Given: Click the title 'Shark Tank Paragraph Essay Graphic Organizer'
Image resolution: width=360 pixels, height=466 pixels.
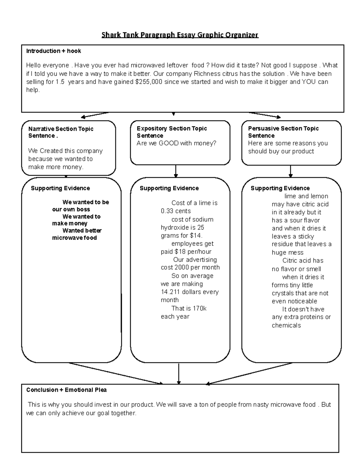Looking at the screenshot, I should click(180, 35).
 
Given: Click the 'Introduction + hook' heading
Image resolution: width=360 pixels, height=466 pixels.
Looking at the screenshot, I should click(53, 51).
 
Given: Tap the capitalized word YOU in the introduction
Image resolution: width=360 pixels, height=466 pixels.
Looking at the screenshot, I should click(309, 82).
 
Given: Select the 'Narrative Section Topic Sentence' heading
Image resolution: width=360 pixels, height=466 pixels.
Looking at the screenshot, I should click(61, 132).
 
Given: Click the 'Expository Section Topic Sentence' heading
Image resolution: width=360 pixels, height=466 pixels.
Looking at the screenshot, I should click(172, 132).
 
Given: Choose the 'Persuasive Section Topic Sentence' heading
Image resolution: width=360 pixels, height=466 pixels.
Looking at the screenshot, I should click(283, 132).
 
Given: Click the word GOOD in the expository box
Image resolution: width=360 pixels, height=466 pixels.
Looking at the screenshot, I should click(169, 143).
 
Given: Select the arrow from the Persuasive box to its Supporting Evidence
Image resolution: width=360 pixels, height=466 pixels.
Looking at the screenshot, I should click(290, 171).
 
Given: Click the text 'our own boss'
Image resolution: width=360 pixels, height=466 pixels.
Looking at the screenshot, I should click(71, 209).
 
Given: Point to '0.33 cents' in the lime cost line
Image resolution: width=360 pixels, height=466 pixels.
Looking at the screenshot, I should click(176, 211).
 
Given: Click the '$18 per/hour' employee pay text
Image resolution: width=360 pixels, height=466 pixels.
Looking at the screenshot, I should click(193, 252).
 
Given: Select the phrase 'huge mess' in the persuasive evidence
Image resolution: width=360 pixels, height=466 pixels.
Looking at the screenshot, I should click(287, 253).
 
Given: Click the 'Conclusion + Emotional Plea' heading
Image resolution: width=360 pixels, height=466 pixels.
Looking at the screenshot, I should click(66, 390).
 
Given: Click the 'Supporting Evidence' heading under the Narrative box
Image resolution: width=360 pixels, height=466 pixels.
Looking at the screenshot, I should click(60, 188).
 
